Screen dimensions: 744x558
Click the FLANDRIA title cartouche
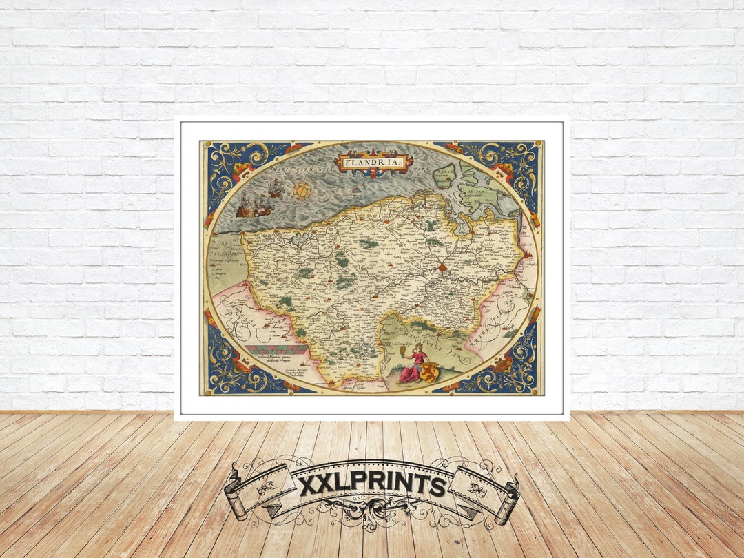(373, 163)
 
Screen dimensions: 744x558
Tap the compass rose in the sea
(302, 192)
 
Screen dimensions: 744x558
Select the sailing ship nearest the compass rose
(276, 188)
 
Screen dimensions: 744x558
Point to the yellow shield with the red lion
(430, 373)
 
